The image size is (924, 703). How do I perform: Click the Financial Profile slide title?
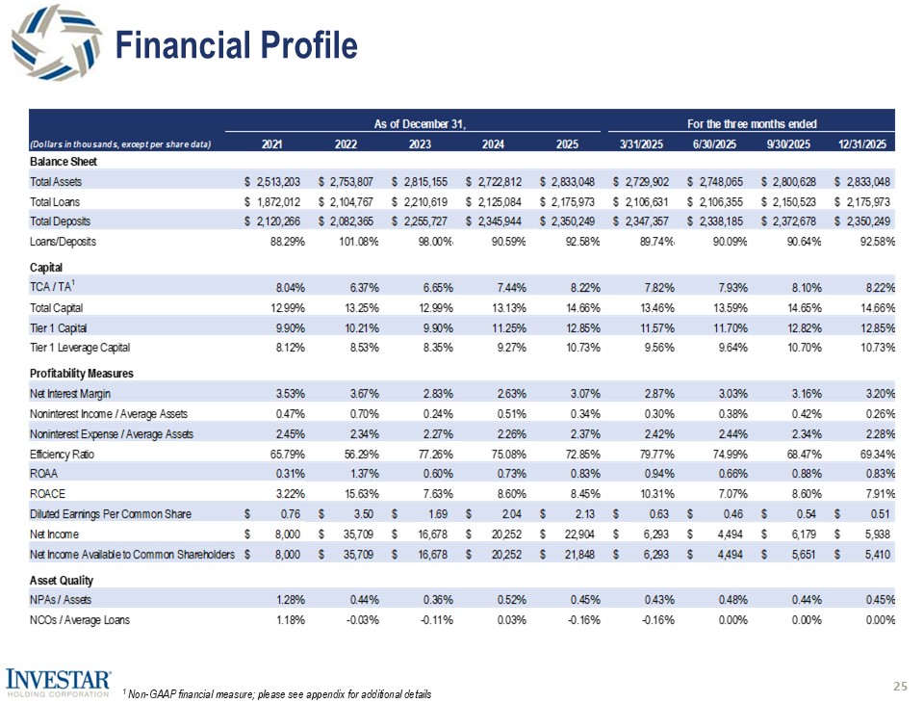pyautogui.click(x=236, y=45)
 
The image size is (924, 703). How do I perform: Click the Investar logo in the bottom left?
pyautogui.click(x=59, y=681)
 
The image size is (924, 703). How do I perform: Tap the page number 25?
pyautogui.click(x=900, y=686)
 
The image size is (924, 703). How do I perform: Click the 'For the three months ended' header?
pyautogui.click(x=752, y=124)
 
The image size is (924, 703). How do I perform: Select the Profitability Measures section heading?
pyautogui.click(x=82, y=373)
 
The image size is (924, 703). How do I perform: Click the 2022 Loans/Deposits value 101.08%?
pyautogui.click(x=356, y=241)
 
